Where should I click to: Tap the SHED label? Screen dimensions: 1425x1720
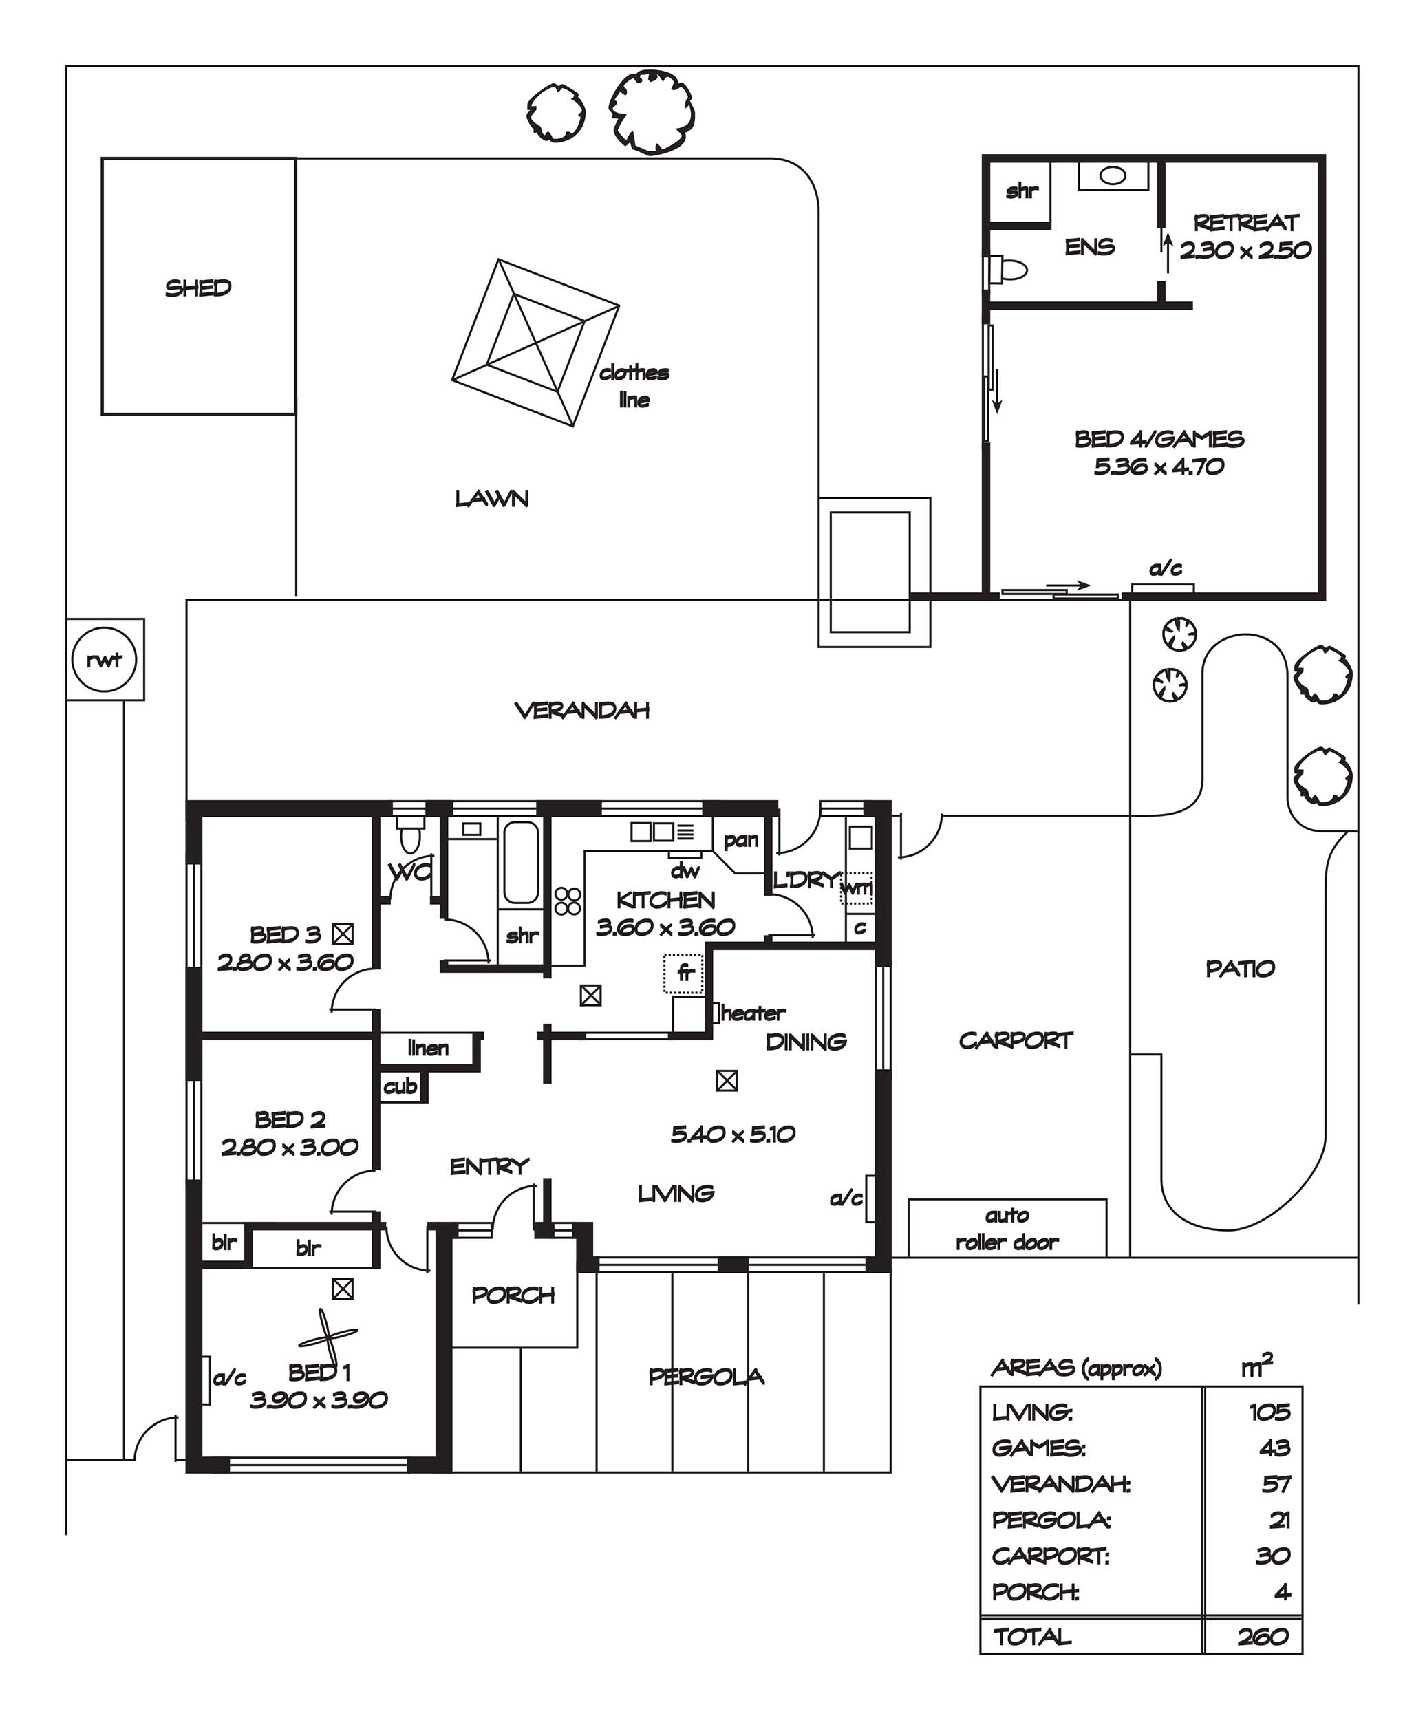coord(198,288)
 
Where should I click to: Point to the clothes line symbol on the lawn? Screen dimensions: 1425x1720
coord(535,343)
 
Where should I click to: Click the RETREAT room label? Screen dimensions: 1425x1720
coord(1245,223)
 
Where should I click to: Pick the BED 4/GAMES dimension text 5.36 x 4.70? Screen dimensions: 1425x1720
coord(1159,467)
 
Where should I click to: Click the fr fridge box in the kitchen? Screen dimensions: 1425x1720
coord(684,974)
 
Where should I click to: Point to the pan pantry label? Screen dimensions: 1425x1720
coord(740,840)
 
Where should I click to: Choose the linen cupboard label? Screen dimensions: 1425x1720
coord(427,1048)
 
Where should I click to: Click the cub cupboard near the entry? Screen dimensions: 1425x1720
coord(400,1087)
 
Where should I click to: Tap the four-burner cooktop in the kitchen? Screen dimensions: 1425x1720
coord(568,901)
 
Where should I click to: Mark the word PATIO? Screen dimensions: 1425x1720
coord(1240,969)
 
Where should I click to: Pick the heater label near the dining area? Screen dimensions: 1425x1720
coord(753,1013)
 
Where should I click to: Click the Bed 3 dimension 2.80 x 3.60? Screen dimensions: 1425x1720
coord(285,962)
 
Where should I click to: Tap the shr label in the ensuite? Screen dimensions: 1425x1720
coord(1021,191)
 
